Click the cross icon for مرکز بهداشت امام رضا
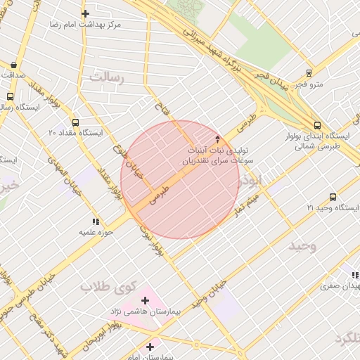(85, 13)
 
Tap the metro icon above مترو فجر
(309, 73)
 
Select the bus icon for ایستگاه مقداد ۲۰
(76, 122)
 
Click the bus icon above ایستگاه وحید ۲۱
(333, 197)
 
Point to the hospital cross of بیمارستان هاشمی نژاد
(146, 300)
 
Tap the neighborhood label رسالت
(106, 77)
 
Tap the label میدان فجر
(251, 75)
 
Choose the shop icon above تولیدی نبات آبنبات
(217, 139)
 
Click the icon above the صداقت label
(14, 65)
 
